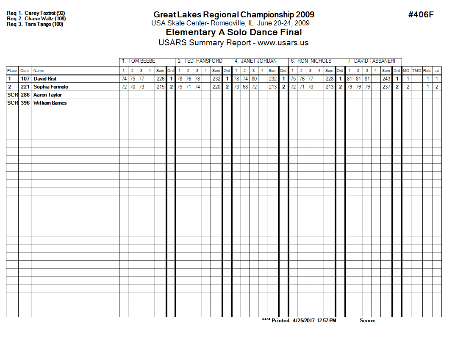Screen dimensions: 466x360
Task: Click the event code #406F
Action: click(421, 15)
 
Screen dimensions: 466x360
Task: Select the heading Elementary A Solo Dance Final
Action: click(233, 33)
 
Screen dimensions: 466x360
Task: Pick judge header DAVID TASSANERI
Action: click(371, 61)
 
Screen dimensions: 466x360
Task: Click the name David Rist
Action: click(45, 79)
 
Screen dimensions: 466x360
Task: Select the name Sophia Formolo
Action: click(51, 87)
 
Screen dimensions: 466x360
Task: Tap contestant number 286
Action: click(25, 95)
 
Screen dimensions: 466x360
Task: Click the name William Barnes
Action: click(50, 103)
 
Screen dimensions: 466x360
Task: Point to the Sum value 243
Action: click(386, 79)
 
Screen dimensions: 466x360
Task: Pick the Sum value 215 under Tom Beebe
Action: click(160, 87)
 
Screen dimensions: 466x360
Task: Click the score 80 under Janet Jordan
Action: click(253, 79)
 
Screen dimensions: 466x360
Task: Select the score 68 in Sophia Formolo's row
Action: click(244, 87)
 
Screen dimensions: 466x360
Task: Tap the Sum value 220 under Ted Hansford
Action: click(216, 87)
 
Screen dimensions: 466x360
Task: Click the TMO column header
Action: click(416, 71)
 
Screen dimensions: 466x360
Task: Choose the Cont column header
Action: click(25, 71)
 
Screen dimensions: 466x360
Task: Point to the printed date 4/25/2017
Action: click(304, 321)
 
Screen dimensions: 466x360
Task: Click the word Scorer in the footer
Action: click(368, 321)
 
